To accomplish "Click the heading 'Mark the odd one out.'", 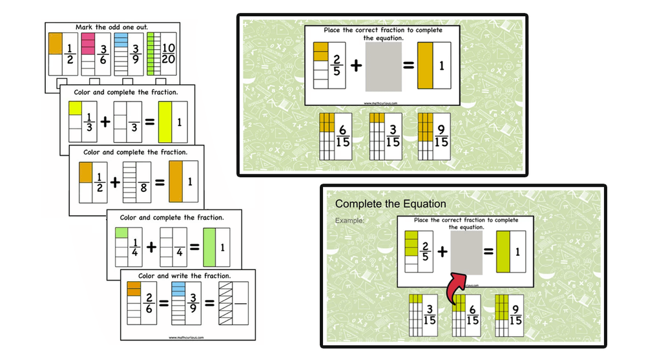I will coord(111,28).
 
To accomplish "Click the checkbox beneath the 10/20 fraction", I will coord(160,81).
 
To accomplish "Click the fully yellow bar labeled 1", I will coord(165,122).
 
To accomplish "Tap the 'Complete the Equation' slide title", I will coord(390,204).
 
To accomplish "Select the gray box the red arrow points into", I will coord(465,253).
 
